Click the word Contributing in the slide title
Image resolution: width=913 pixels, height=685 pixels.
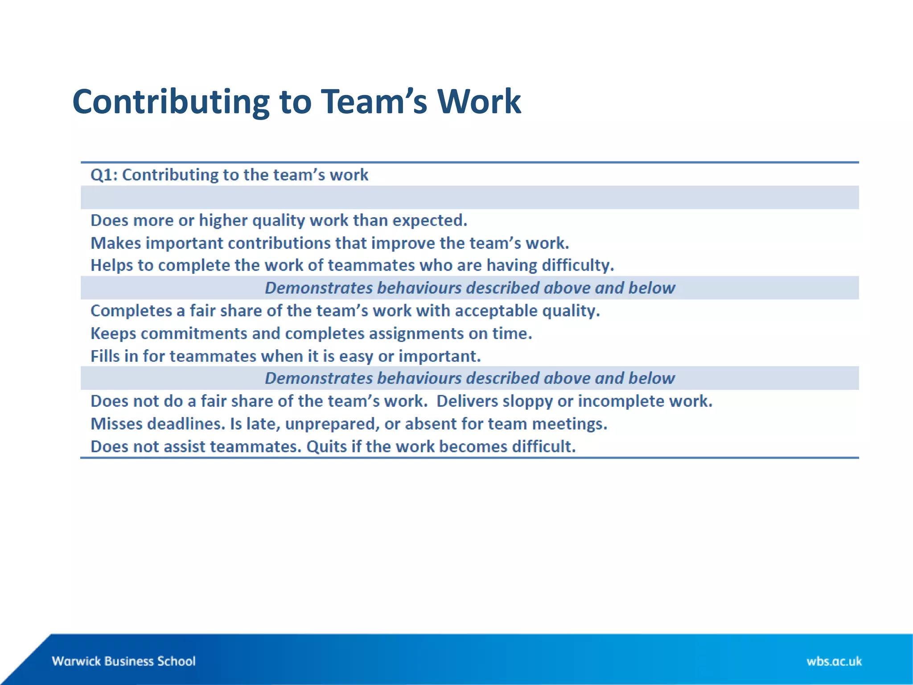pos(171,103)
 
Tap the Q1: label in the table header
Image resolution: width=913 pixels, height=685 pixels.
pos(104,175)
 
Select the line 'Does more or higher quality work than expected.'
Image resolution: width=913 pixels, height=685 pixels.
pos(279,220)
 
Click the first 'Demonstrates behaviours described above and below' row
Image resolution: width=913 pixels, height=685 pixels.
pos(469,288)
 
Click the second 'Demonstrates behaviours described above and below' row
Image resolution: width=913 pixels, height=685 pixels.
pos(469,378)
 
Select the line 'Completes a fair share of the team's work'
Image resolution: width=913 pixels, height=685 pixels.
pos(345,311)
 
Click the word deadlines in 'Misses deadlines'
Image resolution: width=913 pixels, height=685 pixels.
pos(186,424)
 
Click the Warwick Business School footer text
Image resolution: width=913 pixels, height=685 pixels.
pos(123,661)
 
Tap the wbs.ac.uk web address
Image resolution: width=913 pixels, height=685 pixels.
pos(834,661)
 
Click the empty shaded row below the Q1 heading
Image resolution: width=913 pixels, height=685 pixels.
pos(469,198)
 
